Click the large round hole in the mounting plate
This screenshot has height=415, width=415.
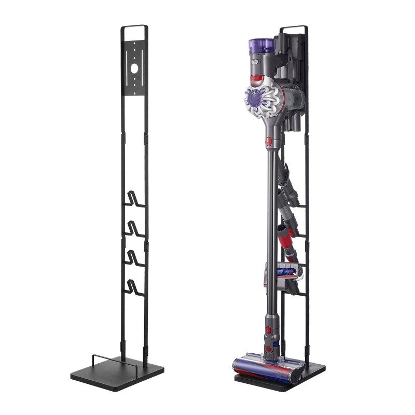(x=134, y=68)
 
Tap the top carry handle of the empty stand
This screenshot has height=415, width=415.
(x=134, y=26)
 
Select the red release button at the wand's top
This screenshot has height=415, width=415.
(x=269, y=141)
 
